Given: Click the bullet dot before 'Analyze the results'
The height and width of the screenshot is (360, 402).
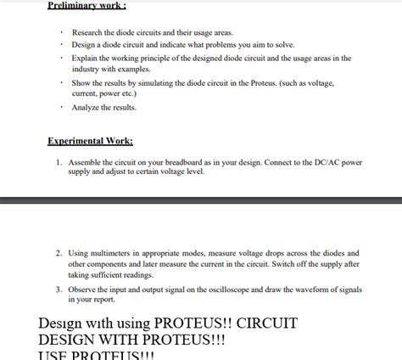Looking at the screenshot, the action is [62, 108].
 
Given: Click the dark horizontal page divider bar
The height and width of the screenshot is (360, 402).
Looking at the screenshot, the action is [201, 200].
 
